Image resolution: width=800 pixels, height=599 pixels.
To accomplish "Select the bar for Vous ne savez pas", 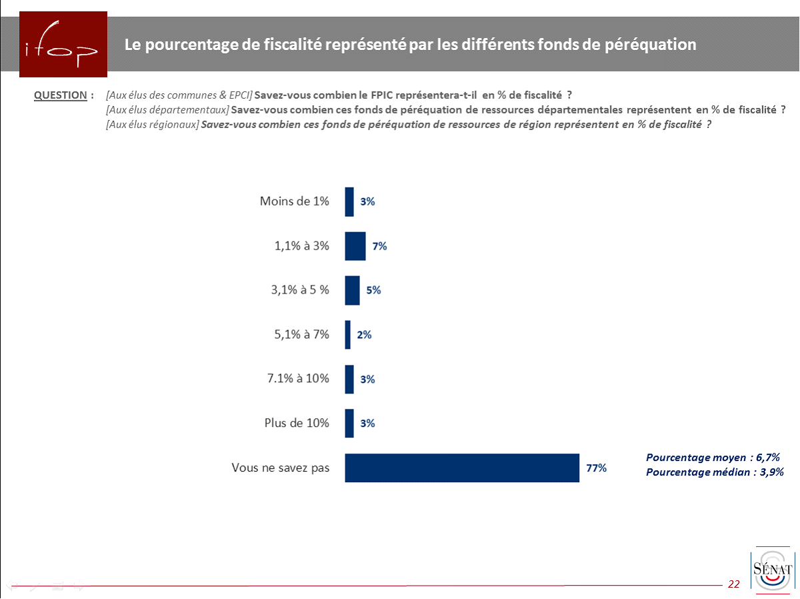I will point(461,468).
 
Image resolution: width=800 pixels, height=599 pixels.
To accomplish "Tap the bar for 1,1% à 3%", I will point(355,246).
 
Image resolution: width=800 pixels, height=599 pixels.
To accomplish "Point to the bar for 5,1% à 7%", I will point(347,335).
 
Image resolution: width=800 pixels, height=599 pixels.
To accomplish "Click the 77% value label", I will point(596,468).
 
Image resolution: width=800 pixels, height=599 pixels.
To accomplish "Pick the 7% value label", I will point(379,246).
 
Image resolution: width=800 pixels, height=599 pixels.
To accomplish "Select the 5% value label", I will point(373,290).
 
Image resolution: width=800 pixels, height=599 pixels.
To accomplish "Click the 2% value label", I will point(364,335).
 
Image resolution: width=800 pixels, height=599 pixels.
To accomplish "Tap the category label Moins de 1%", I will point(295,201).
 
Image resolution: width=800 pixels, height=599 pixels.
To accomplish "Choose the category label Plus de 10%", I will point(297,423).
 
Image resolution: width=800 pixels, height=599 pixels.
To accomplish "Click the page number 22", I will point(734,584).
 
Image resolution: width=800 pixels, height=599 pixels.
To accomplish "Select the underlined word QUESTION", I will point(60,95).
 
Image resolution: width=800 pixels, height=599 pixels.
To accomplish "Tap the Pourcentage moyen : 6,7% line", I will point(713,458).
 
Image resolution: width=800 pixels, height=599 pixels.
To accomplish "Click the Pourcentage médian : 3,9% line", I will point(714,472).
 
